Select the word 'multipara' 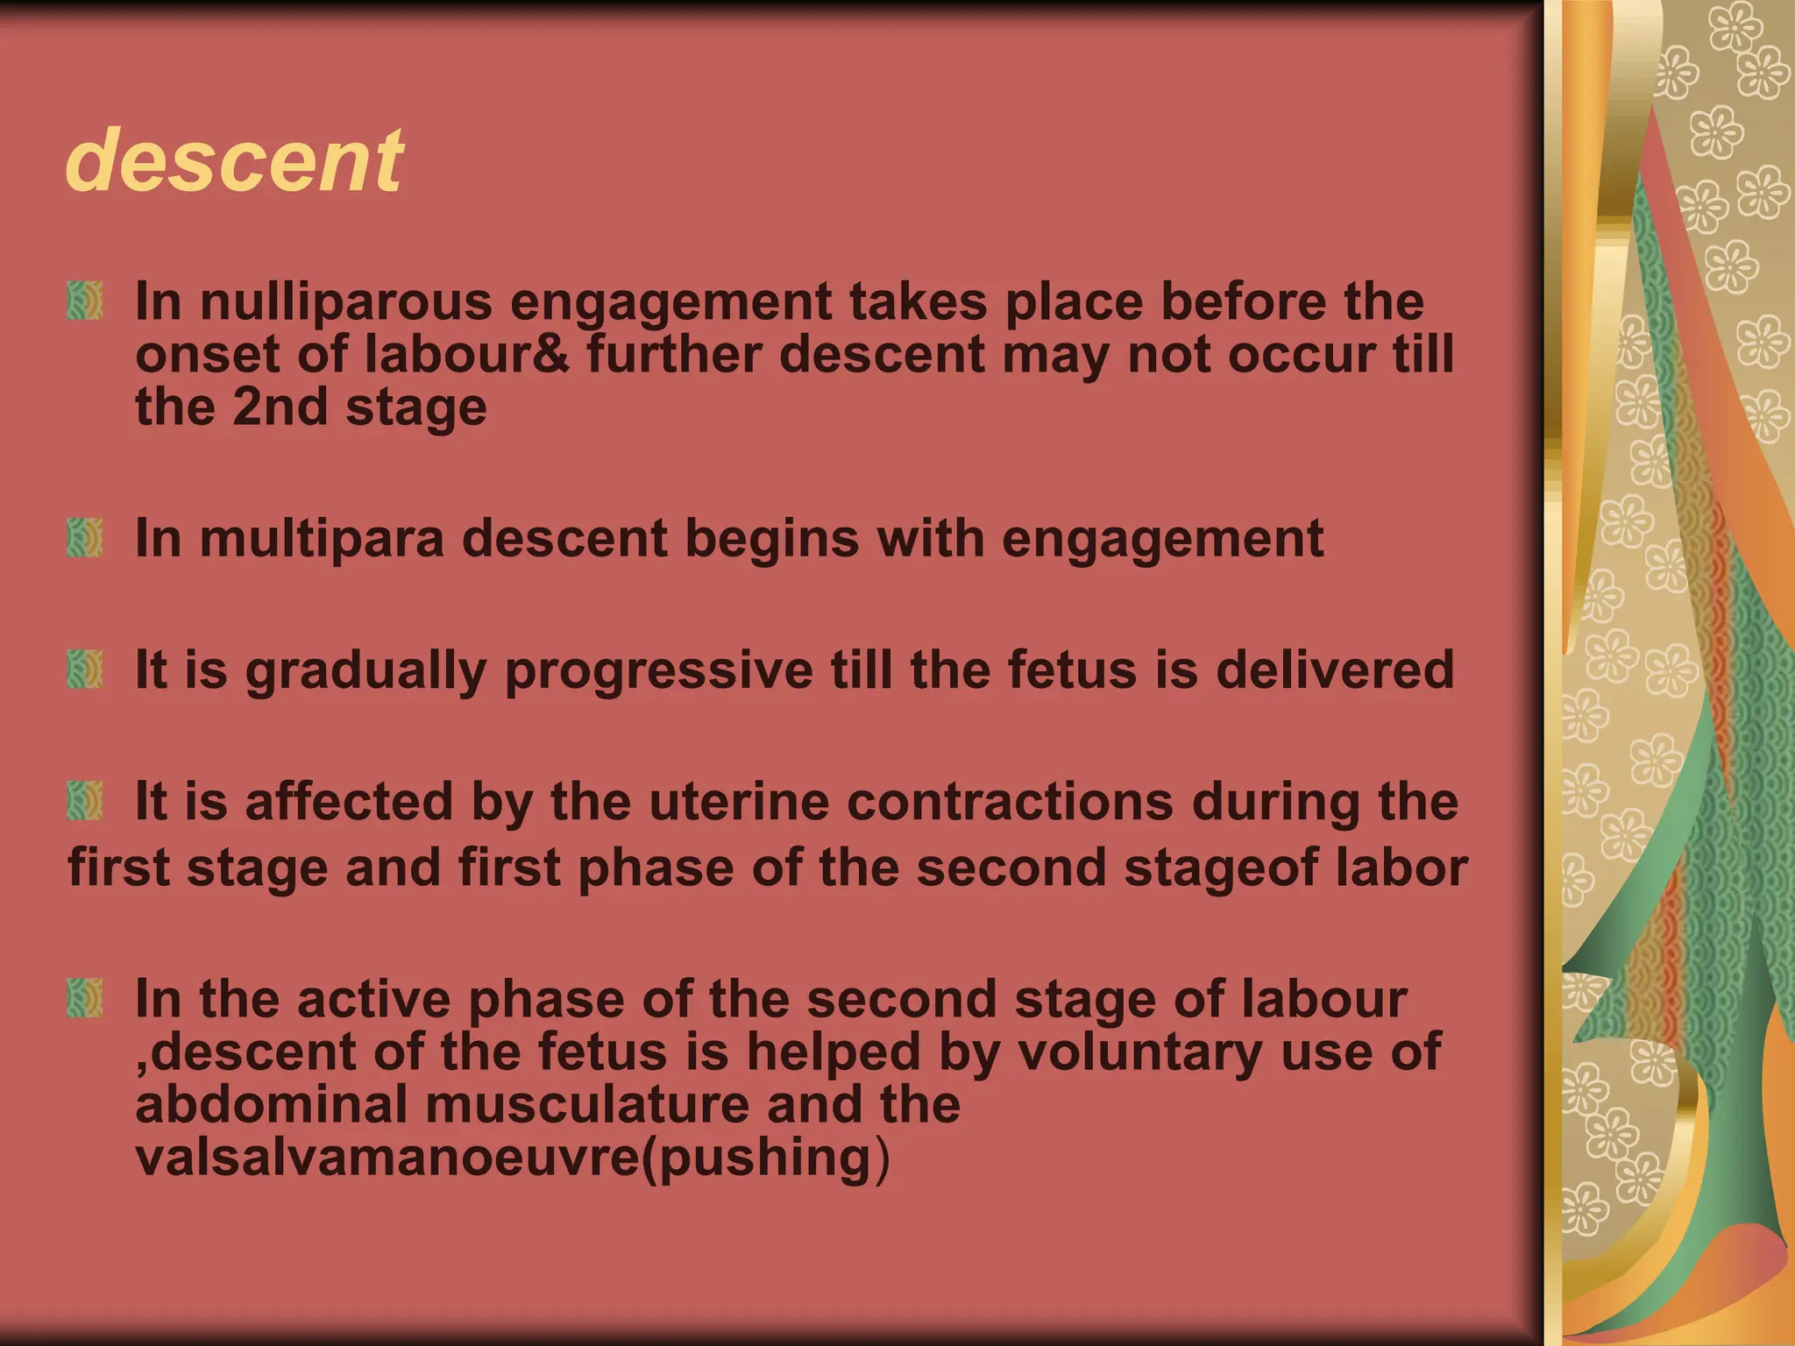[x=323, y=539]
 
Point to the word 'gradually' [x=365, y=671]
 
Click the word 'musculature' [x=587, y=1104]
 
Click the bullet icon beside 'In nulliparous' [x=85, y=301]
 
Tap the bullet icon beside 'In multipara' [x=85, y=537]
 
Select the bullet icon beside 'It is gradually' [x=85, y=669]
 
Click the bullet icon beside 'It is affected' [x=85, y=801]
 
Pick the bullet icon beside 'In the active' [x=85, y=998]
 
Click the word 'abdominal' [x=272, y=1104]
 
